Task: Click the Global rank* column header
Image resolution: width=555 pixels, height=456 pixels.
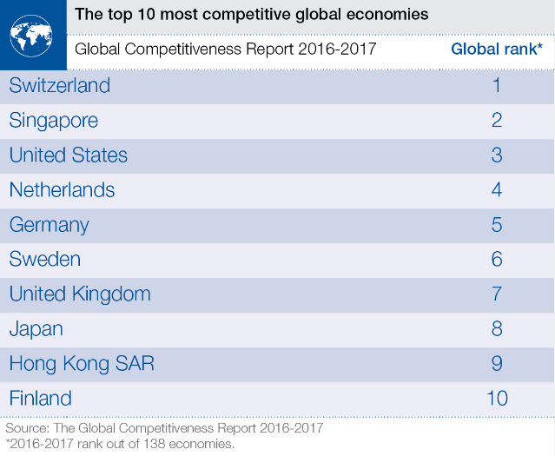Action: pyautogui.click(x=497, y=49)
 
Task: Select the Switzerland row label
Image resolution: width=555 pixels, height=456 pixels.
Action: pyautogui.click(x=60, y=86)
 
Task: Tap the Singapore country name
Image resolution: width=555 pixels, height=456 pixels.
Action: pyautogui.click(x=54, y=121)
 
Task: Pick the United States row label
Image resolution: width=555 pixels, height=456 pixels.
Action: pyautogui.click(x=69, y=155)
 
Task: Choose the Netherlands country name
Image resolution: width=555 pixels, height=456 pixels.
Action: pyautogui.click(x=62, y=190)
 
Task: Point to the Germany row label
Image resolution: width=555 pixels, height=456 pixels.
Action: pyautogui.click(x=50, y=225)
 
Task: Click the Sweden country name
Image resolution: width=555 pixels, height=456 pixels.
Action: pyautogui.click(x=45, y=260)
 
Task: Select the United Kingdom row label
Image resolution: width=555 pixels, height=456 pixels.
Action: pyautogui.click(x=80, y=294)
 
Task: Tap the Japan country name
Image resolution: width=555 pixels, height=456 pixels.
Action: pyautogui.click(x=36, y=329)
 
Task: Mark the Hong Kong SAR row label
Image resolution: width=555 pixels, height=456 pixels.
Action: pyautogui.click(x=82, y=364)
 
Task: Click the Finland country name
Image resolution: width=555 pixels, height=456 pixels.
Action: pyautogui.click(x=41, y=399)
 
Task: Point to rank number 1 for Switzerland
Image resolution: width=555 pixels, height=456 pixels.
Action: pyautogui.click(x=497, y=86)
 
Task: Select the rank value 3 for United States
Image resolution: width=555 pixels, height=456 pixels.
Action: pyautogui.click(x=497, y=155)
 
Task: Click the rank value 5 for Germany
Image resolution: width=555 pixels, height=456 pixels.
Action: pyautogui.click(x=497, y=225)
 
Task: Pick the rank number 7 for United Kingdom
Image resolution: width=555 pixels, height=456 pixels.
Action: pyautogui.click(x=497, y=294)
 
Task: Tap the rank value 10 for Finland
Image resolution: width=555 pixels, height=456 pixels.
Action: pyautogui.click(x=497, y=399)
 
